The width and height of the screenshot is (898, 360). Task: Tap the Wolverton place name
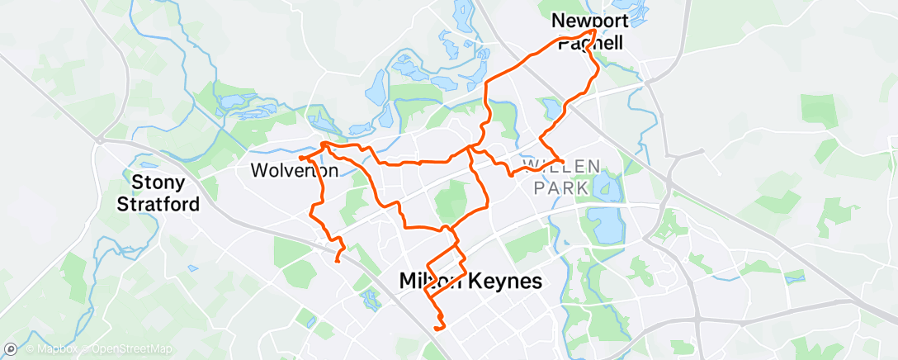[x=293, y=172]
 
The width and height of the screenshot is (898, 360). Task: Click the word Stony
[x=160, y=181]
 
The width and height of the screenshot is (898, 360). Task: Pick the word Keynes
[x=505, y=281]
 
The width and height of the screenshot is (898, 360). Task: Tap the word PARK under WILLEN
[x=561, y=188]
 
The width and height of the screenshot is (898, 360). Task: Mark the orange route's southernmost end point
[x=435, y=328]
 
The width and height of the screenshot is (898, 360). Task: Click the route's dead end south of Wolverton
[x=337, y=262]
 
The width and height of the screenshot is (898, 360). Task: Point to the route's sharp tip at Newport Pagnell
[x=594, y=31]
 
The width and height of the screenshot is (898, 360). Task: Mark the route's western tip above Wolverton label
[x=300, y=156]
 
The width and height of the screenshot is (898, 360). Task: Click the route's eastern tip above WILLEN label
[x=562, y=159]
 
